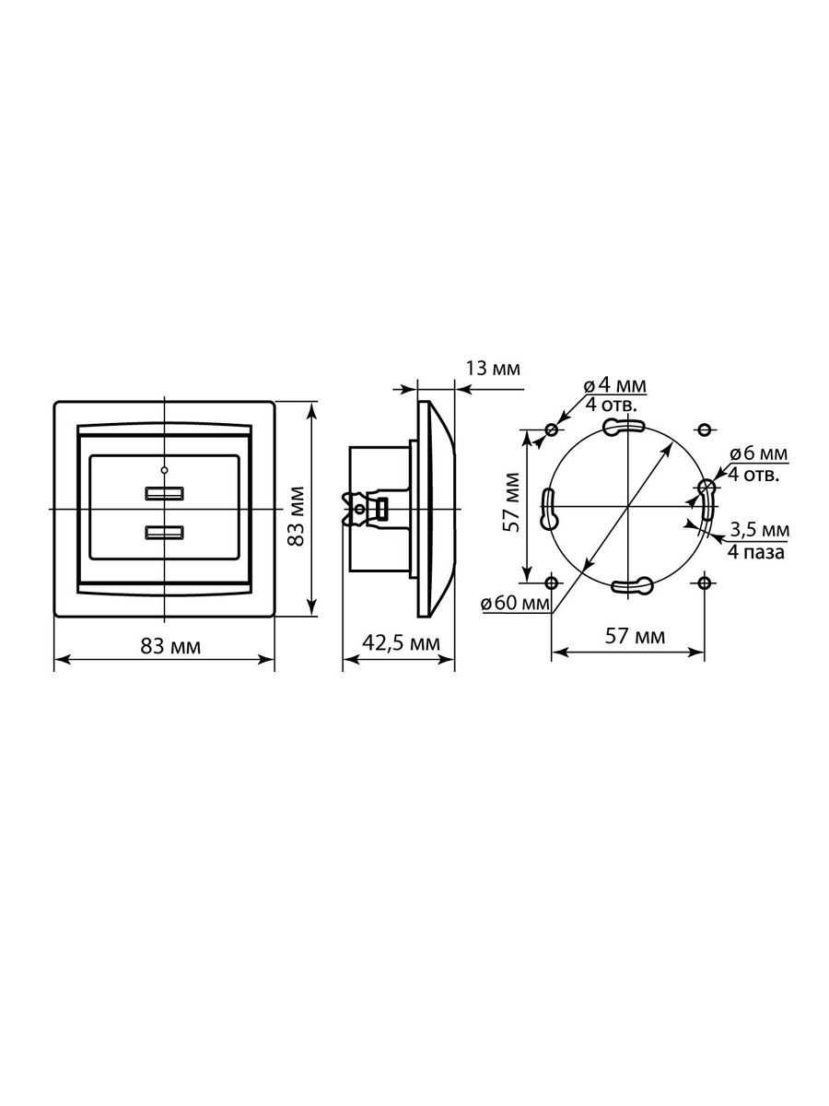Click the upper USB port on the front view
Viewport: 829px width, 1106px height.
pos(165,493)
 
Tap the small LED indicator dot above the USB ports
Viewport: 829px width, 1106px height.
pos(165,470)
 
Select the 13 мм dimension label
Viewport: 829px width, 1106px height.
pos(492,369)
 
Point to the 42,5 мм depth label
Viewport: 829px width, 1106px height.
pos(401,643)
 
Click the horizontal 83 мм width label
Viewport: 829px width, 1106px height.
pos(170,646)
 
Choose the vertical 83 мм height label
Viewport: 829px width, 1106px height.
pos(296,516)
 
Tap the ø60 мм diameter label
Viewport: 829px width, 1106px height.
pos(516,603)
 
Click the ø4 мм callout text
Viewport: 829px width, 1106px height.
pos(614,386)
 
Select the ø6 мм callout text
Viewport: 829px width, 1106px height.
pos(758,453)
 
